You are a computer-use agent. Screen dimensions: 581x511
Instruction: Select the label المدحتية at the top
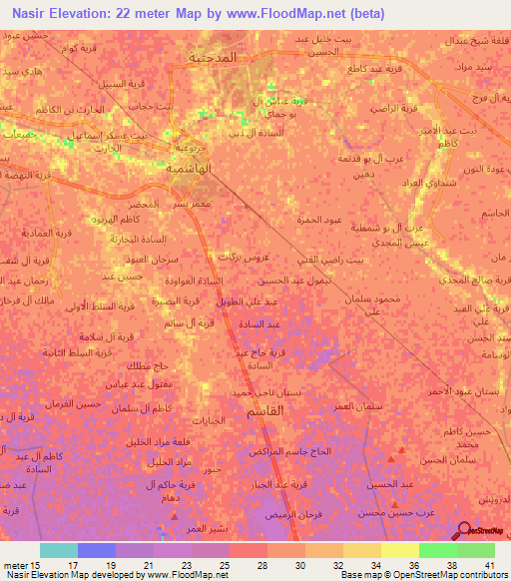pos(214,58)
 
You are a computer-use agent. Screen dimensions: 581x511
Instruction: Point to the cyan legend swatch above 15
pos(59,550)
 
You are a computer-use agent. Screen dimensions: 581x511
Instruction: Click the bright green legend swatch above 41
pos(476,550)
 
